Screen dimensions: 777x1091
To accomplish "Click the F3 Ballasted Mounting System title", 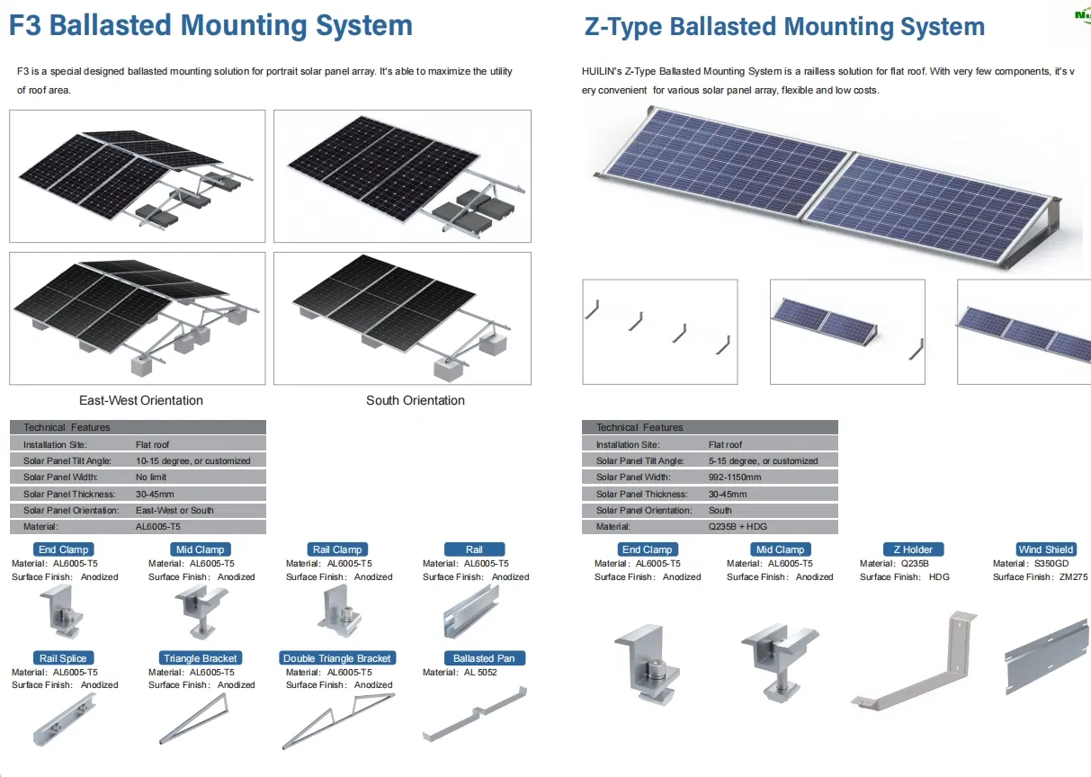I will pyautogui.click(x=210, y=25).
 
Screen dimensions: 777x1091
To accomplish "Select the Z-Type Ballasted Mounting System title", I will pyautogui.click(x=784, y=27).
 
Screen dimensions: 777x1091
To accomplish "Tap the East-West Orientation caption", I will pyautogui.click(x=141, y=400).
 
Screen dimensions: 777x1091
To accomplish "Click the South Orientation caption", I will pyautogui.click(x=416, y=400).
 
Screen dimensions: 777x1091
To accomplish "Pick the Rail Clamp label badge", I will pyautogui.click(x=336, y=549).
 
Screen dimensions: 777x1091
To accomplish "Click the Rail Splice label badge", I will pyautogui.click(x=63, y=658).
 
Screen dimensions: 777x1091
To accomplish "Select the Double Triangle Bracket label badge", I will pyautogui.click(x=337, y=658).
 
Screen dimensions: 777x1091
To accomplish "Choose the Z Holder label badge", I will pyautogui.click(x=913, y=549).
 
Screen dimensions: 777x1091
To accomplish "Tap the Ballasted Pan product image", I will pyautogui.click(x=474, y=715).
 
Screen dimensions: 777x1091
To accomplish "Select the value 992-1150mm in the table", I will pyautogui.click(x=735, y=478).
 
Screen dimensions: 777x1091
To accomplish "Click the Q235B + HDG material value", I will pyautogui.click(x=738, y=527).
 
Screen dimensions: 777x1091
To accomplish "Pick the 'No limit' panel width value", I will pyautogui.click(x=151, y=478).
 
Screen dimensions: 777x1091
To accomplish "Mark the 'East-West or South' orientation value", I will pyautogui.click(x=174, y=511).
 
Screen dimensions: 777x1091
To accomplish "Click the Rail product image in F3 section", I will pyautogui.click(x=471, y=612).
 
